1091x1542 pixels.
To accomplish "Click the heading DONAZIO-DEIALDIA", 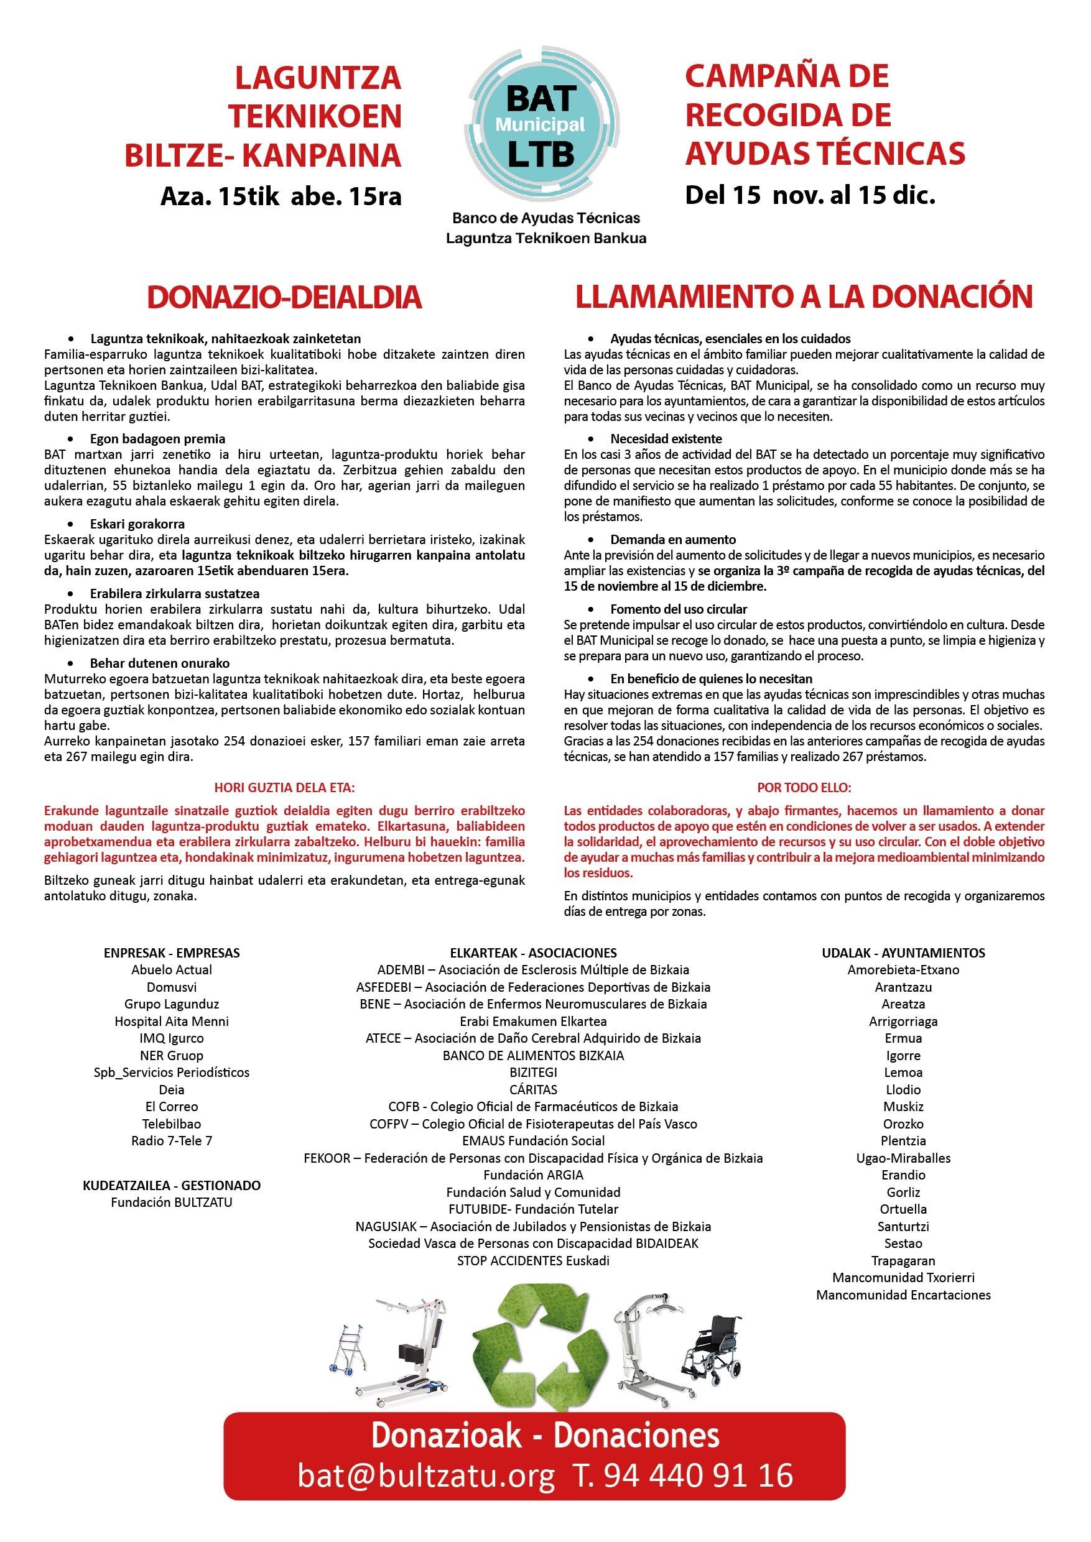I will pyautogui.click(x=284, y=298).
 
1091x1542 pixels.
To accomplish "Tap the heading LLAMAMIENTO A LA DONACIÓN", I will pyautogui.click(x=804, y=297).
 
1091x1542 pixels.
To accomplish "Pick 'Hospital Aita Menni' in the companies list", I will pyautogui.click(x=171, y=1022).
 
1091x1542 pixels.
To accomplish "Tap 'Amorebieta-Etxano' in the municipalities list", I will pyautogui.click(x=903, y=970).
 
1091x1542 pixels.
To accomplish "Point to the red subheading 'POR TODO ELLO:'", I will pyautogui.click(x=804, y=787).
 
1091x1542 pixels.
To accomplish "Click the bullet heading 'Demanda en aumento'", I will pyautogui.click(x=672, y=539).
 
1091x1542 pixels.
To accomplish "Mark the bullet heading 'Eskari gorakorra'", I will pyautogui.click(x=137, y=524).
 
